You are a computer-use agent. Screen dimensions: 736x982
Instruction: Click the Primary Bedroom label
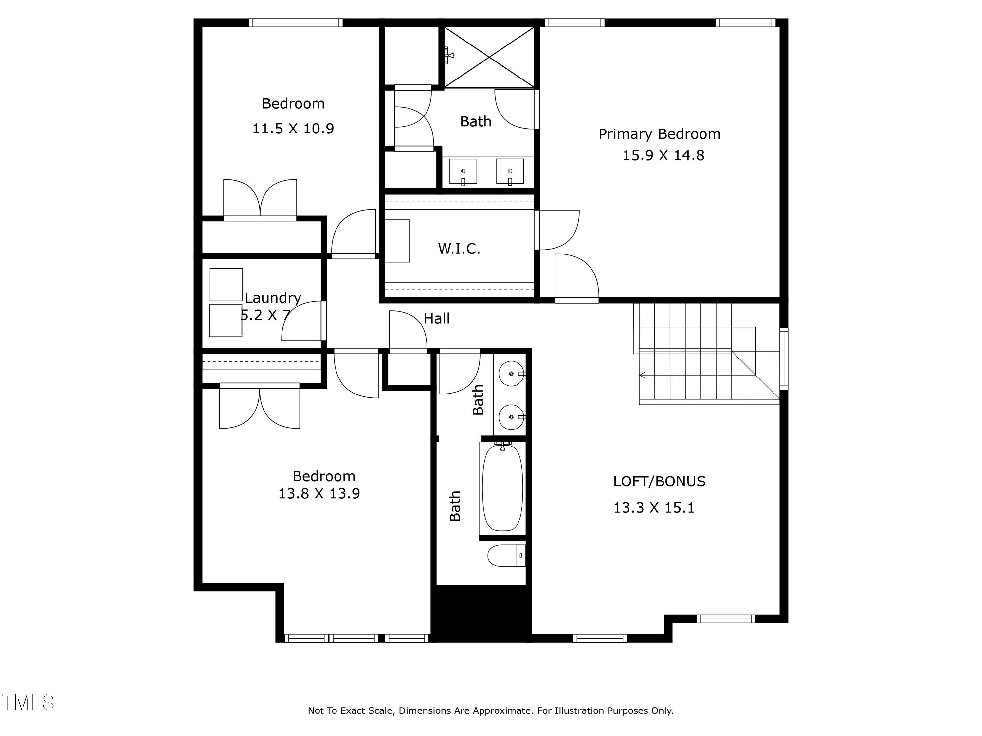(x=659, y=134)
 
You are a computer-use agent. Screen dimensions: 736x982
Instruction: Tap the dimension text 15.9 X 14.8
(x=663, y=156)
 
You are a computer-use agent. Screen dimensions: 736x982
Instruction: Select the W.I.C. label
(x=459, y=248)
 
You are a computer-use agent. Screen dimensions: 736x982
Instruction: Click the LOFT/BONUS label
(x=659, y=482)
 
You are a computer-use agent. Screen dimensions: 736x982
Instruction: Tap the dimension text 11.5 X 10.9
(x=293, y=129)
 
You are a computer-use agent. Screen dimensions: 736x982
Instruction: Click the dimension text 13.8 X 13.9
(x=319, y=493)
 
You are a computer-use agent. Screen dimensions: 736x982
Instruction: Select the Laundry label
(x=273, y=298)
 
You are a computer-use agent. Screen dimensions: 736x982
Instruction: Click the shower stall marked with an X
(x=489, y=57)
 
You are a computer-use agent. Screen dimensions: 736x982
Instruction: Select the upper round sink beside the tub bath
(x=511, y=374)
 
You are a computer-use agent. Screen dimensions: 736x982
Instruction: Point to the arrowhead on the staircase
(x=642, y=375)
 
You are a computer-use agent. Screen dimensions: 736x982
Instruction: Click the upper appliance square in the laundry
(x=226, y=284)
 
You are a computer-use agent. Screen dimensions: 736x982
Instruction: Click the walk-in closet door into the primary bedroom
(x=558, y=230)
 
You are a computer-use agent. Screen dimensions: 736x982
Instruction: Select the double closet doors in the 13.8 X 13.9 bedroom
(x=260, y=407)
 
